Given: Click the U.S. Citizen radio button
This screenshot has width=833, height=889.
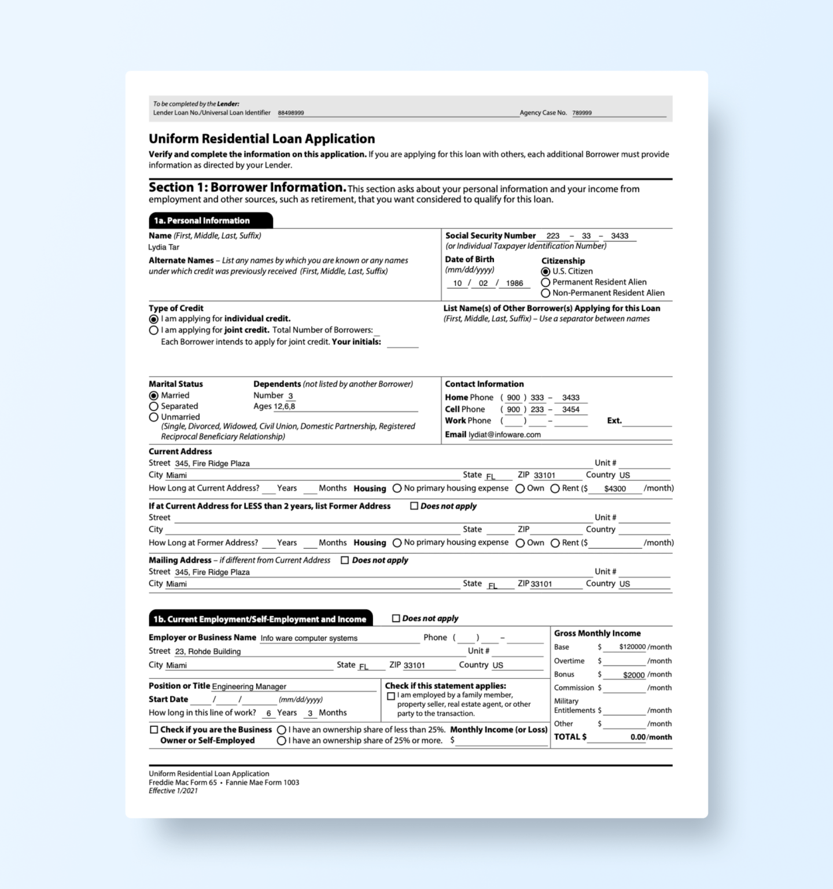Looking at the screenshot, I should click(x=545, y=271).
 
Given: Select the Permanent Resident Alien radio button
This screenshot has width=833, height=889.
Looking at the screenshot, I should click(x=545, y=282).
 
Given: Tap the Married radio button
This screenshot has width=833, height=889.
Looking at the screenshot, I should click(x=153, y=396).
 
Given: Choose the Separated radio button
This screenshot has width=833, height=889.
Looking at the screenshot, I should click(x=153, y=406).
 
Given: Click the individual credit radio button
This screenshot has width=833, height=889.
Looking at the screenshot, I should click(x=153, y=319).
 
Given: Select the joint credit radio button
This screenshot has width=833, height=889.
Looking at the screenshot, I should click(x=153, y=330).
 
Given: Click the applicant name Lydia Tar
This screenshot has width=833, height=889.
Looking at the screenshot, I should click(x=164, y=247).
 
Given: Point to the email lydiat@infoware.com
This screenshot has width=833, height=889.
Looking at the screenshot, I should click(x=504, y=435).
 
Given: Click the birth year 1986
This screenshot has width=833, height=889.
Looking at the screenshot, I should click(x=514, y=284).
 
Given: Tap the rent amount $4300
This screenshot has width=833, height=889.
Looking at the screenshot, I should click(x=615, y=488).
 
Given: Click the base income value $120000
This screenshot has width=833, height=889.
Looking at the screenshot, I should click(x=632, y=647).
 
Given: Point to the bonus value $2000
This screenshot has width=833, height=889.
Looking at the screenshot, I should click(x=633, y=675).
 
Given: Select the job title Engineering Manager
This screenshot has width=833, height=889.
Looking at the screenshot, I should click(x=249, y=686).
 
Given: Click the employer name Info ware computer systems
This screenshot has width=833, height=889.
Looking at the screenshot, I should click(x=309, y=638).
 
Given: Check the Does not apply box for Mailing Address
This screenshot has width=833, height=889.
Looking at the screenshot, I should click(x=345, y=560).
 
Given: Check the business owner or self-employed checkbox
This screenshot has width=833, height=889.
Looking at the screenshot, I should click(x=154, y=730).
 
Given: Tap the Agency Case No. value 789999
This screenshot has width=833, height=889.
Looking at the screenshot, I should click(x=582, y=113).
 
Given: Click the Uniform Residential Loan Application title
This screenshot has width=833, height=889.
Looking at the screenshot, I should click(x=261, y=139).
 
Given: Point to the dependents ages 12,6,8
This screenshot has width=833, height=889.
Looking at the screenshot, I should click(x=285, y=406).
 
